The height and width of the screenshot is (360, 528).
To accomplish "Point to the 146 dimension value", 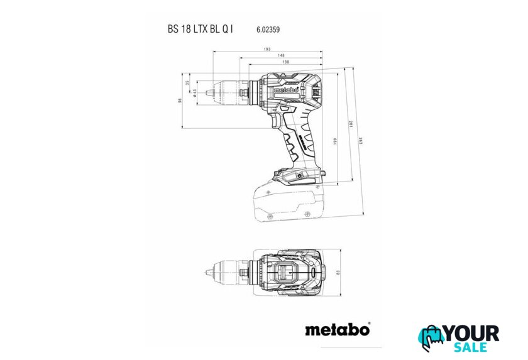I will [x=281, y=56].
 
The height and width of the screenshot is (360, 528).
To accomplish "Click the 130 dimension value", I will [x=286, y=62].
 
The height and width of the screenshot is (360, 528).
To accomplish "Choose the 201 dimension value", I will [x=349, y=123].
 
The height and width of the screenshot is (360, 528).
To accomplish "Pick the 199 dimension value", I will [x=334, y=141].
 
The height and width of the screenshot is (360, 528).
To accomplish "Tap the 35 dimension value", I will [x=187, y=83].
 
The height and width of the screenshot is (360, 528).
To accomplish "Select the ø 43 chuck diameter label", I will [x=195, y=92].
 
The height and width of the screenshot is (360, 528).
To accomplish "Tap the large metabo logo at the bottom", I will [x=337, y=330].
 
